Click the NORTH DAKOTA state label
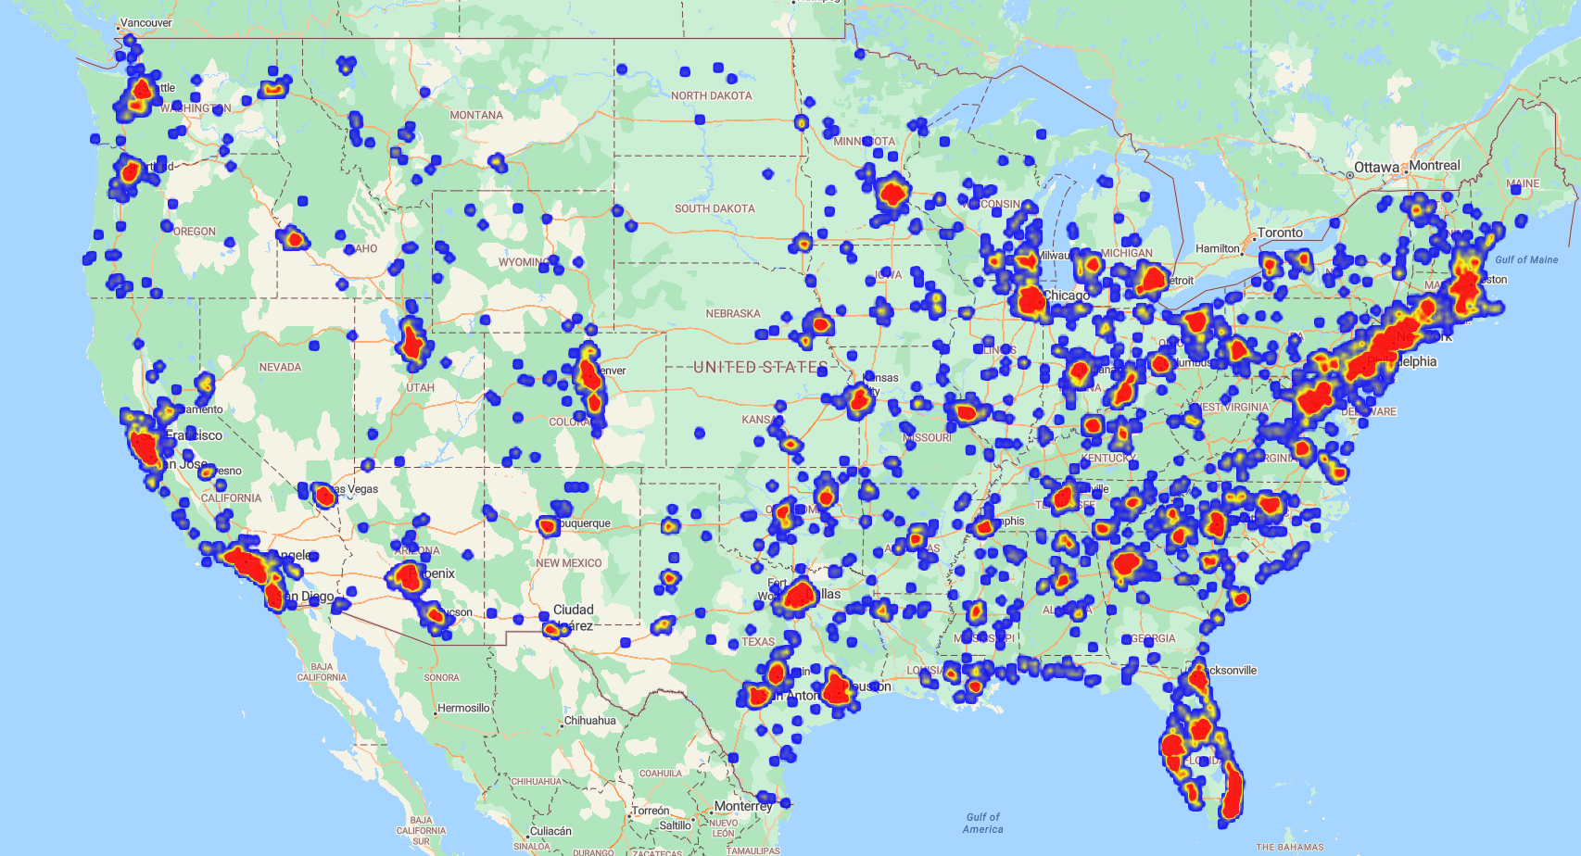711,96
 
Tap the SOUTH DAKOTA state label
715,209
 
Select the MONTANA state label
476,116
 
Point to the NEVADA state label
280,368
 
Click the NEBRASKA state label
733,314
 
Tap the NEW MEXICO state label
568,563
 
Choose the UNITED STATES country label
760,368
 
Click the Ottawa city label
1376,168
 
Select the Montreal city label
1435,166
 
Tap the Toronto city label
1280,233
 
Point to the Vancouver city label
146,23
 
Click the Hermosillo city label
463,709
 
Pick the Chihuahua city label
590,721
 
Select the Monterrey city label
743,806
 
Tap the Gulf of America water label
982,824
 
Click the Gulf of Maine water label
1526,260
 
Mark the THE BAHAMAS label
1290,847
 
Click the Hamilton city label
1218,249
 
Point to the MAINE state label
1523,183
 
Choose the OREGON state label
195,232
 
